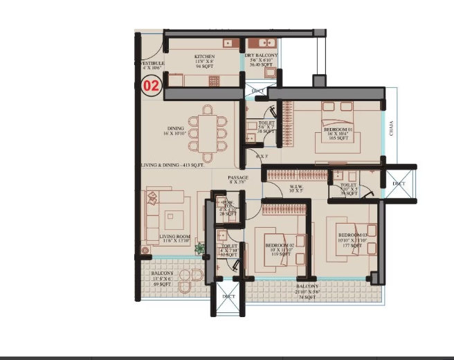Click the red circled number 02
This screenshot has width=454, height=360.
(x=151, y=87)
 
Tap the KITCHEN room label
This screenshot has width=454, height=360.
(x=204, y=57)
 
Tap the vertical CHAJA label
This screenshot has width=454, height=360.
(x=391, y=129)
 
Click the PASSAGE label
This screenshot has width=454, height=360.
(x=239, y=178)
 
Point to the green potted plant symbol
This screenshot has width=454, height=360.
(x=200, y=249)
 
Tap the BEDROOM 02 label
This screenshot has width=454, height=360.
(x=280, y=245)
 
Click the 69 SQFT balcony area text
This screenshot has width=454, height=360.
(x=161, y=285)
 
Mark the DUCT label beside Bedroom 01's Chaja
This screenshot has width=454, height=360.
(x=399, y=183)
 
